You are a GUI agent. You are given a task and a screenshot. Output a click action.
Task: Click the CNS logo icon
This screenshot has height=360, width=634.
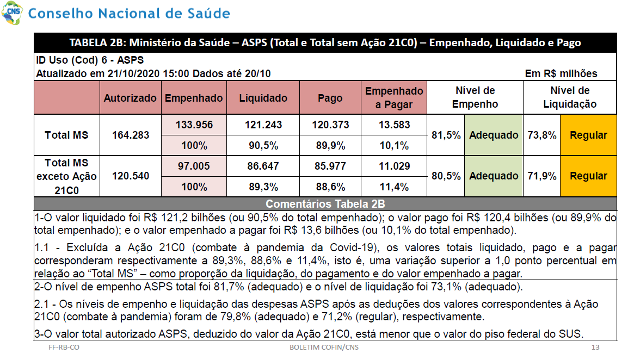pyautogui.click(x=12, y=13)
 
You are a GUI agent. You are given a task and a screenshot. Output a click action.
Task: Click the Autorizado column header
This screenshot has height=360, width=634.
pyautogui.click(x=130, y=98)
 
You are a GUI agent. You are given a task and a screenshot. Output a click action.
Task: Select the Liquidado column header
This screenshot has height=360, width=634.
pyautogui.click(x=263, y=98)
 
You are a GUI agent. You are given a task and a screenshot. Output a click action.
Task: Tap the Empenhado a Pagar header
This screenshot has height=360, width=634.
pyautogui.click(x=394, y=98)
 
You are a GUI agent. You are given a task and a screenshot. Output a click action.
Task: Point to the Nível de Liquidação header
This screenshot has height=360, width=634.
pyautogui.click(x=570, y=97)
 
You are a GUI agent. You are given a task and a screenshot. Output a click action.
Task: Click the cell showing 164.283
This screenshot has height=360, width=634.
pyautogui.click(x=131, y=135)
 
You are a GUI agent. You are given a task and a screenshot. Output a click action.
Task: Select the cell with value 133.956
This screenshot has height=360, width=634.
pyautogui.click(x=194, y=125)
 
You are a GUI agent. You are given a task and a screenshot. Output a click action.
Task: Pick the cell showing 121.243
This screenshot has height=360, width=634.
pyautogui.click(x=263, y=125)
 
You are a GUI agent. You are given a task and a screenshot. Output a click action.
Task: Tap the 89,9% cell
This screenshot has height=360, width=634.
pyautogui.click(x=330, y=145)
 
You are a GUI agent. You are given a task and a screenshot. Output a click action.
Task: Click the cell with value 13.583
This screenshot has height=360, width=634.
pyautogui.click(x=394, y=125)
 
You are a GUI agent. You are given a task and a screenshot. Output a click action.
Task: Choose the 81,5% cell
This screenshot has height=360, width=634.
pyautogui.click(x=446, y=135)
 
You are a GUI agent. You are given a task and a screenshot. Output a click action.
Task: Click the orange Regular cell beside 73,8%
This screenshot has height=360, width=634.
pyautogui.click(x=588, y=135)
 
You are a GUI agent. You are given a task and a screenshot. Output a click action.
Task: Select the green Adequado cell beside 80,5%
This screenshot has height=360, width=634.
pyautogui.click(x=494, y=176)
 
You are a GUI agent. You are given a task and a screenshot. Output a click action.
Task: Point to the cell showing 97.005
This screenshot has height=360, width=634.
pyautogui.click(x=194, y=166)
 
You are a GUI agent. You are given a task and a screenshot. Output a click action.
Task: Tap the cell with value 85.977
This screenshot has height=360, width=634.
pyautogui.click(x=330, y=166)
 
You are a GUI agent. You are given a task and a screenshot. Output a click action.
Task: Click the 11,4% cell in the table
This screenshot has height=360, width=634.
pyautogui.click(x=394, y=187)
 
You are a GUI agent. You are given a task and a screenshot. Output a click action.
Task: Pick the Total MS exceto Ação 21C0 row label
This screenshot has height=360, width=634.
pyautogui.click(x=67, y=177)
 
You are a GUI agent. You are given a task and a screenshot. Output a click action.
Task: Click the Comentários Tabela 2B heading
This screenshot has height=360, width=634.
pyautogui.click(x=325, y=203)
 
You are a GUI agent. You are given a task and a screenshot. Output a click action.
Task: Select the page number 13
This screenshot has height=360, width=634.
pyautogui.click(x=595, y=347)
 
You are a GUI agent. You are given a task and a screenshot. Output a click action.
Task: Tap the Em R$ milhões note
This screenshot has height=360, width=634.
pyautogui.click(x=561, y=73)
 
